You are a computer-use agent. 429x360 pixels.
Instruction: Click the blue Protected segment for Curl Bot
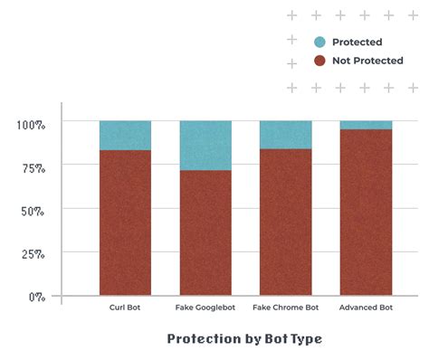(x=125, y=135)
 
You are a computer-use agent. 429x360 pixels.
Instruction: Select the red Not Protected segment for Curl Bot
(x=125, y=223)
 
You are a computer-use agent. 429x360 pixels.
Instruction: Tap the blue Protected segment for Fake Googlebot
(x=205, y=145)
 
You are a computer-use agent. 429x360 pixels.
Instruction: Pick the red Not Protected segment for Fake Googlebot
(x=205, y=232)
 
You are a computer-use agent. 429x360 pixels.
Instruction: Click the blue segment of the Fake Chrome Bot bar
(x=285, y=134)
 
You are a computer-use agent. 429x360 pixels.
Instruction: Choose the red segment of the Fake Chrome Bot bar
(x=285, y=222)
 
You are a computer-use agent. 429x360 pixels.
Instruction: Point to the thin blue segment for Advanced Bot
(x=366, y=125)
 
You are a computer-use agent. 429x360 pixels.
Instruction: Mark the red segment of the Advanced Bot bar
(x=366, y=212)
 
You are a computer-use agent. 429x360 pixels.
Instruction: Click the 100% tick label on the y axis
(x=31, y=124)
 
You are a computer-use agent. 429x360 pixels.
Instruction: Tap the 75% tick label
(x=33, y=167)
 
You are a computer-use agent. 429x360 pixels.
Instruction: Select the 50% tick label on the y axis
(x=33, y=211)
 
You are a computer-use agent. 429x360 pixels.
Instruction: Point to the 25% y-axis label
(x=33, y=254)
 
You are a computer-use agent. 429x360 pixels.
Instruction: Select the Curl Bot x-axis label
(x=125, y=308)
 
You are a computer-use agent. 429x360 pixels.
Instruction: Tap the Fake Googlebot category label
(x=205, y=308)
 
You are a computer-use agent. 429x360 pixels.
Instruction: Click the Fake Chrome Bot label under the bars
(x=285, y=308)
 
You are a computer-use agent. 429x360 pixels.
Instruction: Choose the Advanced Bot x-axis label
(x=366, y=308)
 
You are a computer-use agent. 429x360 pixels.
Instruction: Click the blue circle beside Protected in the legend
(x=319, y=42)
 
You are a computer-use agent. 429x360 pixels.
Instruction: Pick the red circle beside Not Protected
(x=319, y=61)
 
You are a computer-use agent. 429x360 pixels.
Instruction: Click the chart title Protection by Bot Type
(x=244, y=339)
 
